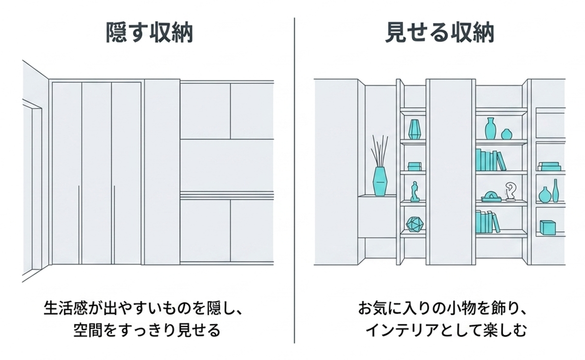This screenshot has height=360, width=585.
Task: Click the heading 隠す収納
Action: [149, 33]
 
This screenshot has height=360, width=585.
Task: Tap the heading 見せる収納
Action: [439, 33]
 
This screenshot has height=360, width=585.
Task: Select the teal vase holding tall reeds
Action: [380, 181]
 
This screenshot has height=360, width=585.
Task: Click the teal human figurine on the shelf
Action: [414, 192]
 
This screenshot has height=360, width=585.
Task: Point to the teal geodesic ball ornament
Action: [415, 224]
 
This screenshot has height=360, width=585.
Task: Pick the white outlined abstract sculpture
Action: [510, 191]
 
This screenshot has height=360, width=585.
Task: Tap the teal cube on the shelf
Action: [547, 228]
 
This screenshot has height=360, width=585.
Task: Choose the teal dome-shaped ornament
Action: [491, 197]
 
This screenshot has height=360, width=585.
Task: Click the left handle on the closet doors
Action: [79, 224]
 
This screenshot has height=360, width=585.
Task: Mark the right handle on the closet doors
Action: [114, 224]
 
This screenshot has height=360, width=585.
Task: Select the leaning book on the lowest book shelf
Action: [496, 223]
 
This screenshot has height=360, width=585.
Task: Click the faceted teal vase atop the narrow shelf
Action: [414, 129]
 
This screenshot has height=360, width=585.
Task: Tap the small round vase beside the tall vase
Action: [506, 134]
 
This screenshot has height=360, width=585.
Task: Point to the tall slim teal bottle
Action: [556, 191]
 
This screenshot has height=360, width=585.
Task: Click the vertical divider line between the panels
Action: [294, 180]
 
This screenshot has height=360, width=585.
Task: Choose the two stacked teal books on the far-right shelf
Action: [549, 167]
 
